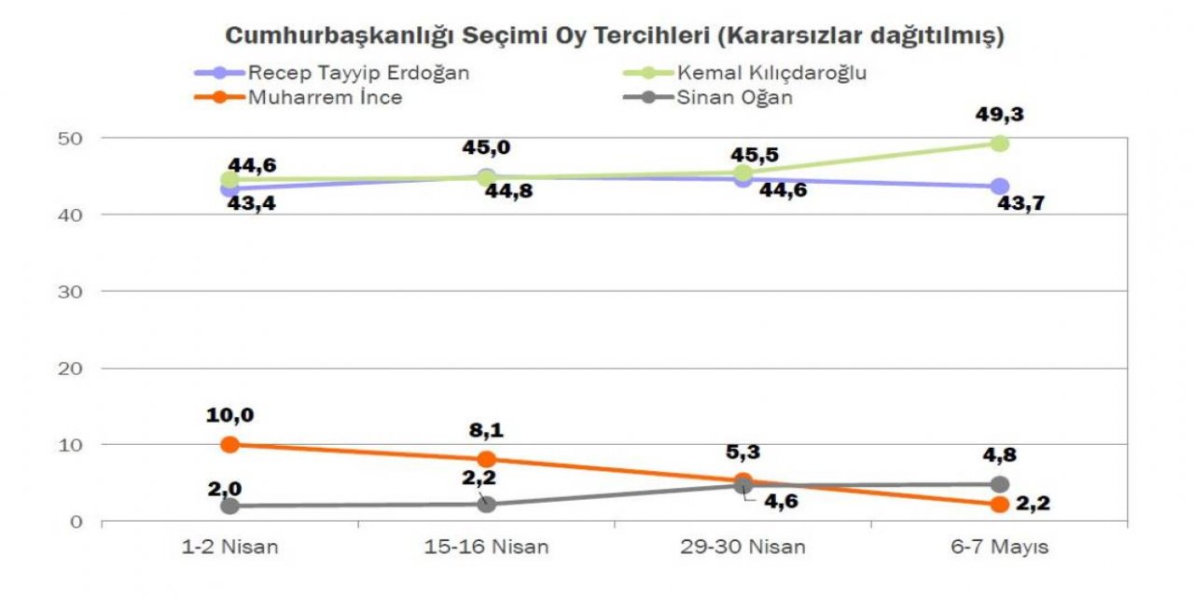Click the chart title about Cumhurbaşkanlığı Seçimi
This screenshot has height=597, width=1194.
(615, 36)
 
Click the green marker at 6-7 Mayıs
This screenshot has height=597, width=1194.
(999, 143)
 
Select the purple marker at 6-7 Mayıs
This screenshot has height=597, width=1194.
(999, 187)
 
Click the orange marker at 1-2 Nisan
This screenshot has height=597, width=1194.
(229, 444)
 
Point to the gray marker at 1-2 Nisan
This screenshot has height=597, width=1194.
(229, 506)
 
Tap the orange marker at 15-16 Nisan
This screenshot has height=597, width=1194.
(486, 459)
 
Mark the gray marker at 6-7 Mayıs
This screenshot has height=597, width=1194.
(999, 484)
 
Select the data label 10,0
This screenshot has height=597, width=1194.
(229, 415)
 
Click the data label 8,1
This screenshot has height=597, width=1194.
(486, 431)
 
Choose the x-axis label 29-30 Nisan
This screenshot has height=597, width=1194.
(743, 548)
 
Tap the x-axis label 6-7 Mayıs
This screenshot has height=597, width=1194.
(999, 548)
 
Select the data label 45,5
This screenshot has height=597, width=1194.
(756, 155)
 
